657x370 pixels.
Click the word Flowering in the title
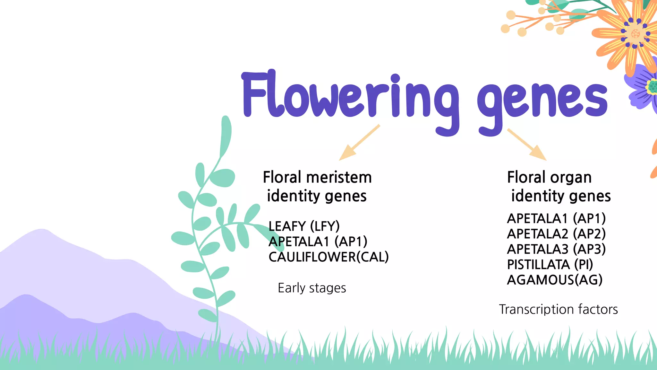click(350, 96)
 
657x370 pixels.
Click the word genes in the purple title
click(542, 100)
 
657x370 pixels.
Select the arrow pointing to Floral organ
click(528, 145)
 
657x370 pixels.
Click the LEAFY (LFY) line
click(304, 226)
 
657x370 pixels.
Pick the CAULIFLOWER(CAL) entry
click(328, 257)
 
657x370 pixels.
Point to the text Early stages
click(312, 288)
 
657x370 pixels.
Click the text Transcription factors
click(558, 309)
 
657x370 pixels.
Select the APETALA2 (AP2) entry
click(556, 234)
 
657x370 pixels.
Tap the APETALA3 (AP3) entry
click(556, 249)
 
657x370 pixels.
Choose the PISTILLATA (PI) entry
click(550, 265)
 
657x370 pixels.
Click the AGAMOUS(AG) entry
click(555, 280)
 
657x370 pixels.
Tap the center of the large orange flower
click(636, 33)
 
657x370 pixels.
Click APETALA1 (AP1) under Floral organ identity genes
click(556, 218)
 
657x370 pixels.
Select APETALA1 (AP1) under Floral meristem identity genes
click(318, 242)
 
